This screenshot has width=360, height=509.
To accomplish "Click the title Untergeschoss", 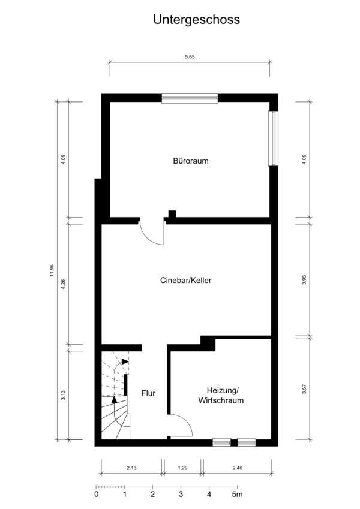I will (x=196, y=20).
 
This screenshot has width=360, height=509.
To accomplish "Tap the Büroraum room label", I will (x=191, y=161).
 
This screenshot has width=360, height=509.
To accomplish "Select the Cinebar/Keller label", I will (x=185, y=280).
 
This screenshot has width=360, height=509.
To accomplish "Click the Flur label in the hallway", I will (x=148, y=394).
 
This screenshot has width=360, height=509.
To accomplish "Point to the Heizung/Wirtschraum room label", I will (x=221, y=395).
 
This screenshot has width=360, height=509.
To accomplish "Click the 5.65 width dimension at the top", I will (x=190, y=56).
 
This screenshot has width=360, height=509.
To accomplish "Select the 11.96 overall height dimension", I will (x=53, y=270).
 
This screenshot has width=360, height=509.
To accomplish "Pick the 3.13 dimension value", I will (x=64, y=396).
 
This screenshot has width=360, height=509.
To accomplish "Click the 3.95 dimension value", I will (x=304, y=279).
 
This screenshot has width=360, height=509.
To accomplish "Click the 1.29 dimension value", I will (x=182, y=466).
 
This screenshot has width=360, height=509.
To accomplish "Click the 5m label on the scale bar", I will (x=238, y=495).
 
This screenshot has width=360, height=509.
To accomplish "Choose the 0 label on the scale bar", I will (x=96, y=495).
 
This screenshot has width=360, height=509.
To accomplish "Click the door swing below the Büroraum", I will (x=152, y=233).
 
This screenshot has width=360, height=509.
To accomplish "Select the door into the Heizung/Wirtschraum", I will (x=181, y=425).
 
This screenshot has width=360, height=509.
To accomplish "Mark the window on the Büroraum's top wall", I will (x=190, y=98).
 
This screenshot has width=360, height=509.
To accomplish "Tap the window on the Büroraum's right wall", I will (x=274, y=138).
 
